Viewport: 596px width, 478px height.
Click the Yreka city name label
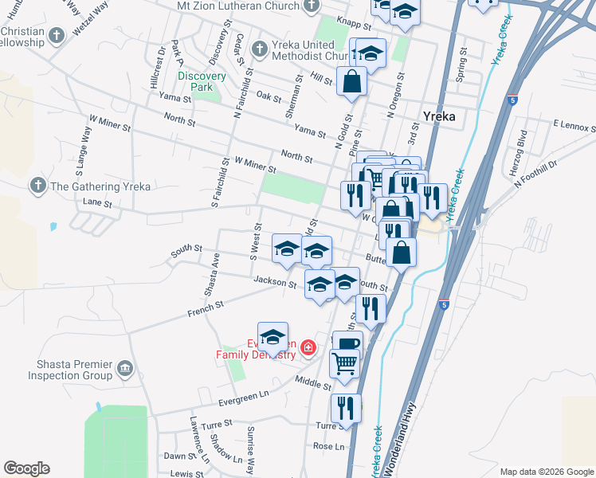[439, 116]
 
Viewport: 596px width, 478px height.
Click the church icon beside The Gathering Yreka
[37, 186]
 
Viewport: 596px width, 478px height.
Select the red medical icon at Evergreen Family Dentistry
[308, 347]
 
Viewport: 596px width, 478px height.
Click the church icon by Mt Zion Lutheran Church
[311, 5]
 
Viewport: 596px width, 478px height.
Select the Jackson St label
[275, 281]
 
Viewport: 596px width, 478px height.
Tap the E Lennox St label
[574, 125]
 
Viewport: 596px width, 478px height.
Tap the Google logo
[26, 468]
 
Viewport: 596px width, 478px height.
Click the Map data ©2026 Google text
[546, 472]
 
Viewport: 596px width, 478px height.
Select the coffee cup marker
[348, 343]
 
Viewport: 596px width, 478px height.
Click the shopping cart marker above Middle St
[345, 362]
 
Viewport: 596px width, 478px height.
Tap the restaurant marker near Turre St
[346, 408]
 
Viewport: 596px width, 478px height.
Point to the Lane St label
[98, 203]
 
